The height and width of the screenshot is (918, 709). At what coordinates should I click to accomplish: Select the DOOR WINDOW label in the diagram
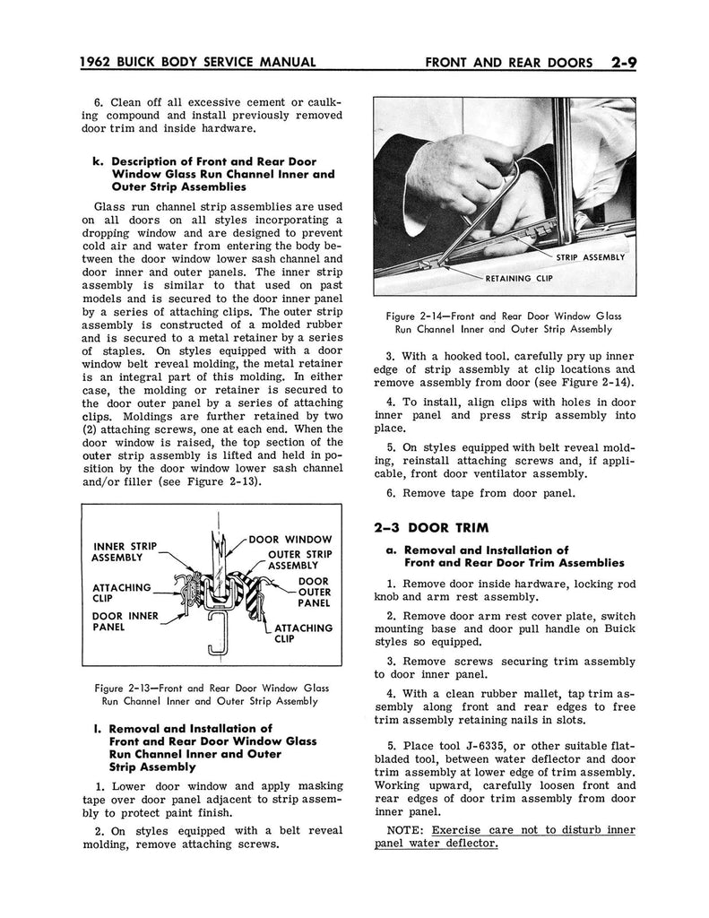290,539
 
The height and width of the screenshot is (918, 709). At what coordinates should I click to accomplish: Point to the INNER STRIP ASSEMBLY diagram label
125,551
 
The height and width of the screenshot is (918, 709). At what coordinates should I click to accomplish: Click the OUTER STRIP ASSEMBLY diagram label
299,560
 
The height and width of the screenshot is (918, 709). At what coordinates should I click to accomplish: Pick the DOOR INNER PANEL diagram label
125,621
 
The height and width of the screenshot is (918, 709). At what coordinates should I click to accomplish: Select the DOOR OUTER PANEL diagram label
314,593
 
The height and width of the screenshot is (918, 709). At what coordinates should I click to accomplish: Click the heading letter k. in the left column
98,161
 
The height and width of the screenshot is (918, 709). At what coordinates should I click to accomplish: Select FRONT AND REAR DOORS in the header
508,63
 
